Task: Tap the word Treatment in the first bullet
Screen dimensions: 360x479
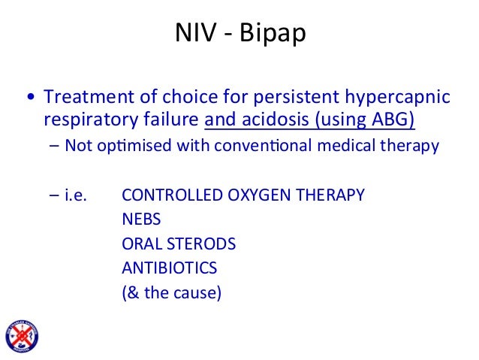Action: [85, 98]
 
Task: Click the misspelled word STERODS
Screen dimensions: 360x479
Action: [200, 244]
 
